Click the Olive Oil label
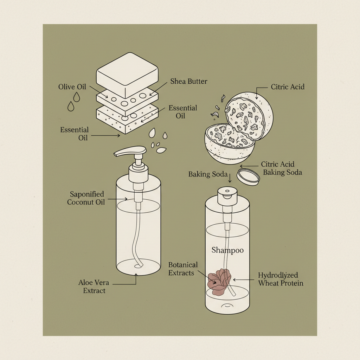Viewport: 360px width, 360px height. pos(72,87)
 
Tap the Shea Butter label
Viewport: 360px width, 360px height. pos(188,82)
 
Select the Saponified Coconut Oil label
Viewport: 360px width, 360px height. pos(86,198)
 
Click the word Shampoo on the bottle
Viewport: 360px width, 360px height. pos(227,250)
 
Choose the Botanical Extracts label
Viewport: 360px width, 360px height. pos(183,269)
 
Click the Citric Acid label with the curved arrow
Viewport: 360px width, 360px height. pos(288,86)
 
